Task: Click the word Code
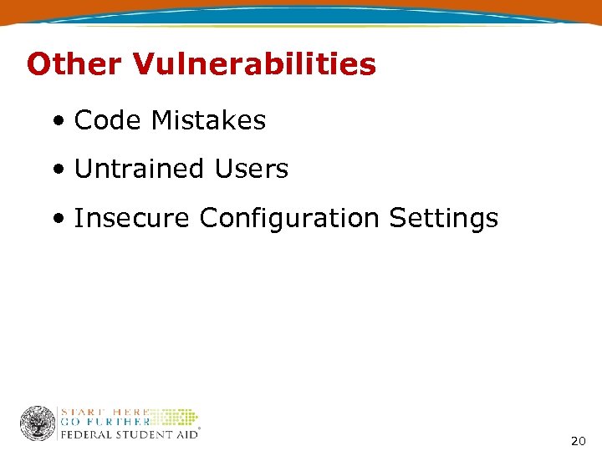108,120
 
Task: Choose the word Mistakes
208,120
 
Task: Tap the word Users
251,169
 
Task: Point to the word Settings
443,218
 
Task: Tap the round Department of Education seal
38,423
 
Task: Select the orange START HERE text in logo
105,412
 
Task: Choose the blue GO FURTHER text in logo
105,422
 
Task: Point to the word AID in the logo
184,434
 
